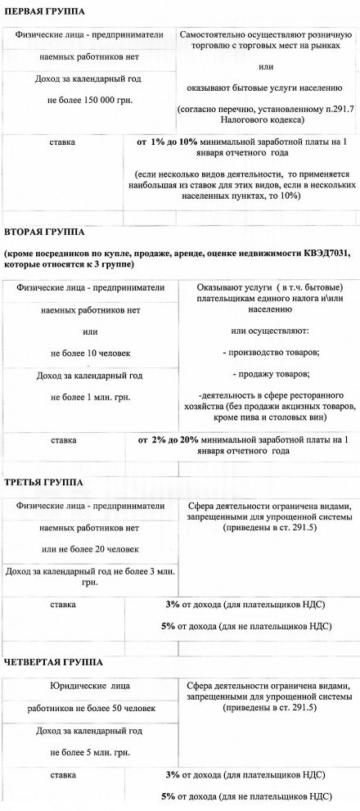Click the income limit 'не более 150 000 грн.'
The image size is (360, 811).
(90, 100)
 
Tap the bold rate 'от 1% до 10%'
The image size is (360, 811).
(161, 142)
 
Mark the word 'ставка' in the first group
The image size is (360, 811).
(63, 142)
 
